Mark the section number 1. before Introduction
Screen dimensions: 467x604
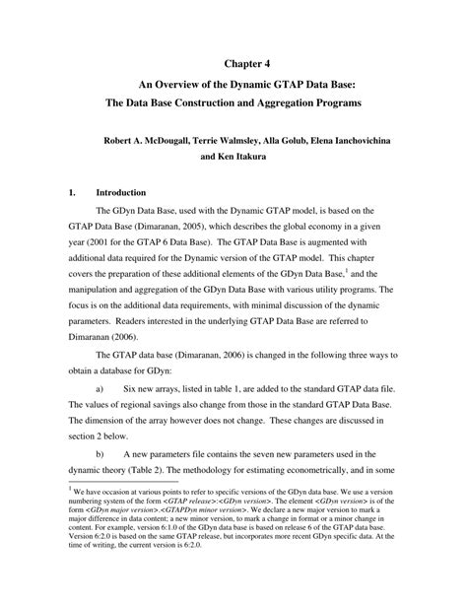click(74, 193)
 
